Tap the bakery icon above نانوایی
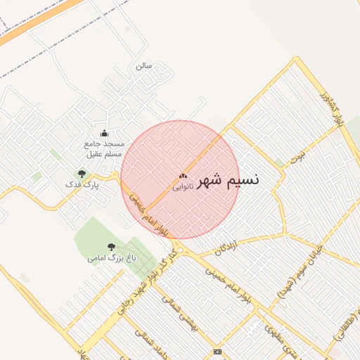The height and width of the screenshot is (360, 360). pyautogui.click(x=183, y=176)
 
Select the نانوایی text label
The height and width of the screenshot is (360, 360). pyautogui.click(x=183, y=187)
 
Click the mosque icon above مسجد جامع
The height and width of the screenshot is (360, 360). pyautogui.click(x=104, y=133)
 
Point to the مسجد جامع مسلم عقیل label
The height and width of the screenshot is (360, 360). pyautogui.click(x=103, y=148)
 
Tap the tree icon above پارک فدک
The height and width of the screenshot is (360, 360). pyautogui.click(x=82, y=174)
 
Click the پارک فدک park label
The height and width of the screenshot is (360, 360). pyautogui.click(x=82, y=184)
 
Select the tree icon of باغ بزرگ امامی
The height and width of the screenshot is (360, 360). pyautogui.click(x=111, y=247)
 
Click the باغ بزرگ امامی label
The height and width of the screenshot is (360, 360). pyautogui.click(x=110, y=258)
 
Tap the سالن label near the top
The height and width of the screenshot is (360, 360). pyautogui.click(x=144, y=66)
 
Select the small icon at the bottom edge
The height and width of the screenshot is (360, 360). pyautogui.click(x=217, y=351)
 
